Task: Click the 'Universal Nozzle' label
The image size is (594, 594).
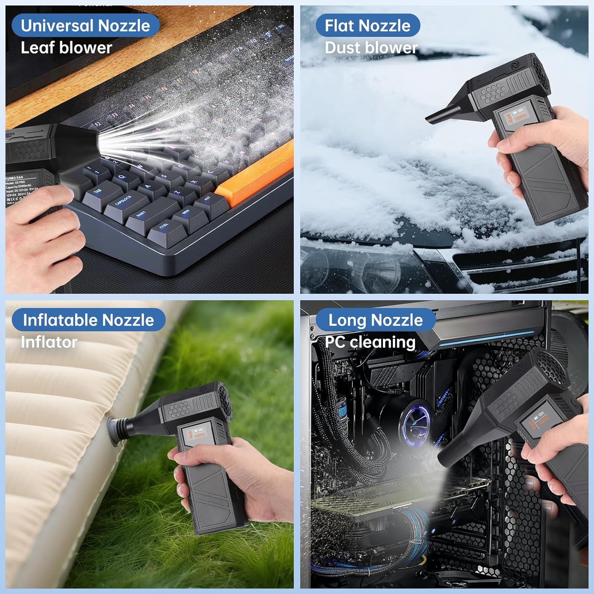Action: [85, 26]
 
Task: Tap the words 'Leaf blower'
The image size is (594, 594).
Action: [67, 48]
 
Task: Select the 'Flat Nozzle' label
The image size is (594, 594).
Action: [367, 26]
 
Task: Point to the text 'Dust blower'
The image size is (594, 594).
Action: [371, 48]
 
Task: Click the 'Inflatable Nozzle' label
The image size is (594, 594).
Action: [88, 320]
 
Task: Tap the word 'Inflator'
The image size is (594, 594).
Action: [49, 342]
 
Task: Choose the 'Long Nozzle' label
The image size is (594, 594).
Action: [375, 320]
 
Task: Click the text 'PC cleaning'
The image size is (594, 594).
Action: [370, 342]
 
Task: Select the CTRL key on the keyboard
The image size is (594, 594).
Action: [164, 227]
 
